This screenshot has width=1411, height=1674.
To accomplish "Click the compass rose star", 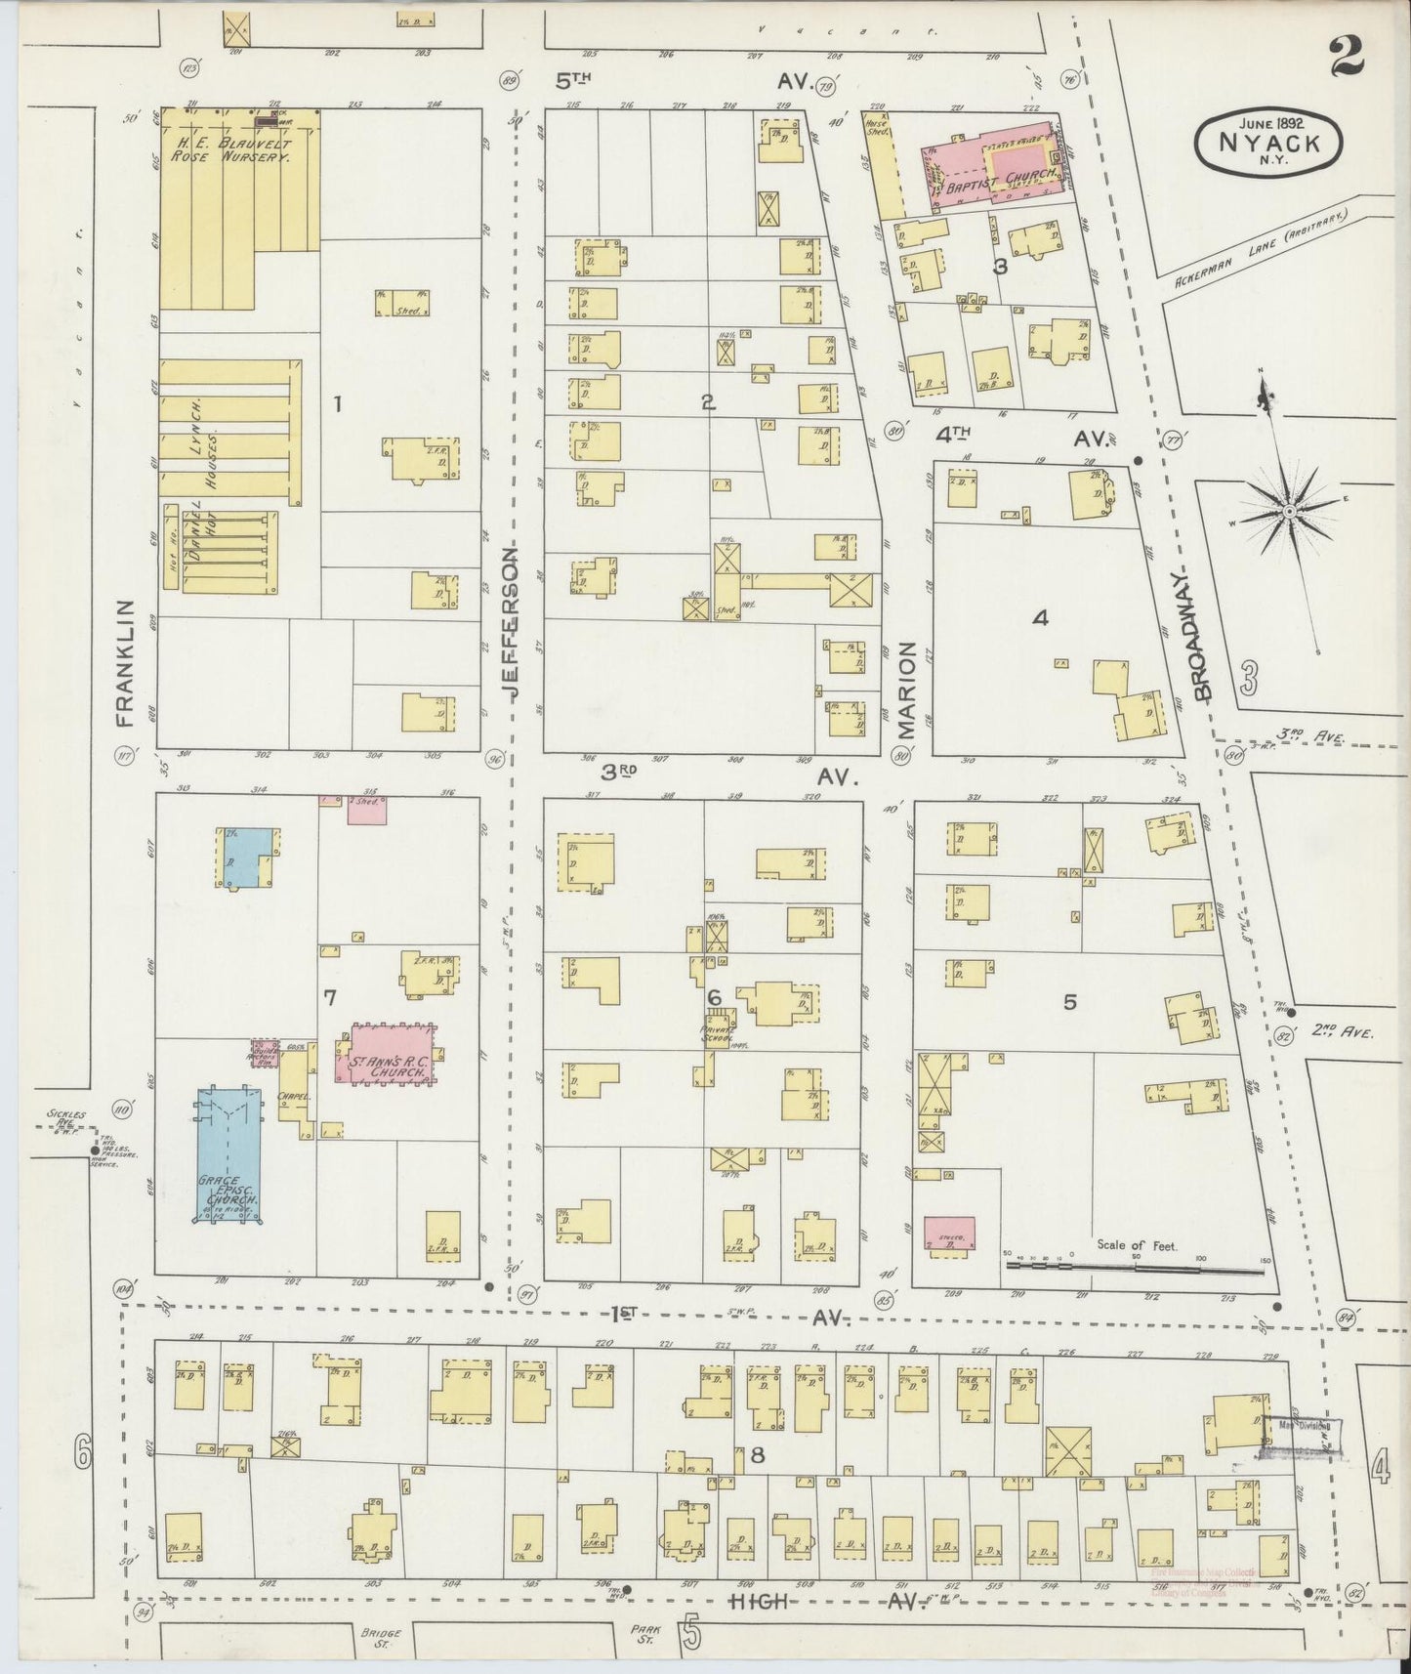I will pyautogui.click(x=1289, y=511).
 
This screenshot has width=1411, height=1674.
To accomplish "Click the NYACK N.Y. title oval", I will pyautogui.click(x=1267, y=145).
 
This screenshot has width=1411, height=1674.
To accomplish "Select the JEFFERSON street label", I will pyautogui.click(x=514, y=620).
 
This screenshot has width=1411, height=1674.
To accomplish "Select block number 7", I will pyautogui.click(x=330, y=997).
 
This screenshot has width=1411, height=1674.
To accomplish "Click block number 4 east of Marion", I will pyautogui.click(x=1040, y=617).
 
